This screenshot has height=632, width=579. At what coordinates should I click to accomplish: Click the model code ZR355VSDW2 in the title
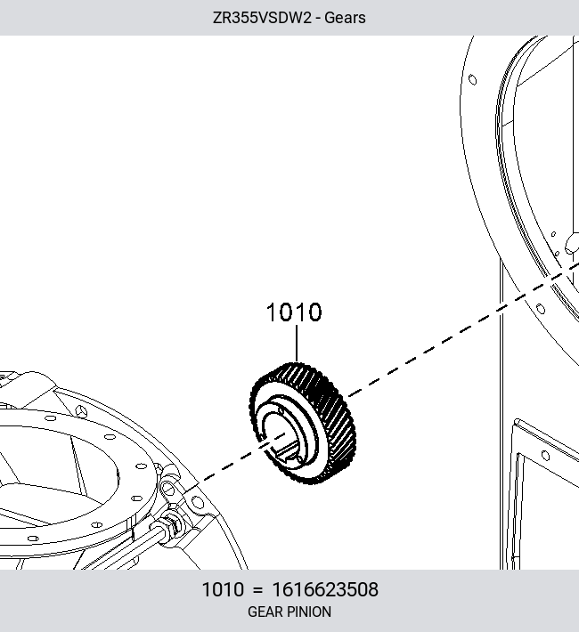click(x=262, y=18)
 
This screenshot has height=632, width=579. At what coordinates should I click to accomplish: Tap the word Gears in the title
click(x=345, y=18)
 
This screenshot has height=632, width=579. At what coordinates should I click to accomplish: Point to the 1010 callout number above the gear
click(x=294, y=312)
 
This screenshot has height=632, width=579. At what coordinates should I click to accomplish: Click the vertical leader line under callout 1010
click(x=297, y=344)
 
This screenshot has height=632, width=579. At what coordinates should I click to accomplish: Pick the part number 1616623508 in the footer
click(x=325, y=589)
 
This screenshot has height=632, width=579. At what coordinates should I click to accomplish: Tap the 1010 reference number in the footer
click(x=223, y=589)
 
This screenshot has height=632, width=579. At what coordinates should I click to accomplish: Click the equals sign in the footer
click(x=258, y=590)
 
